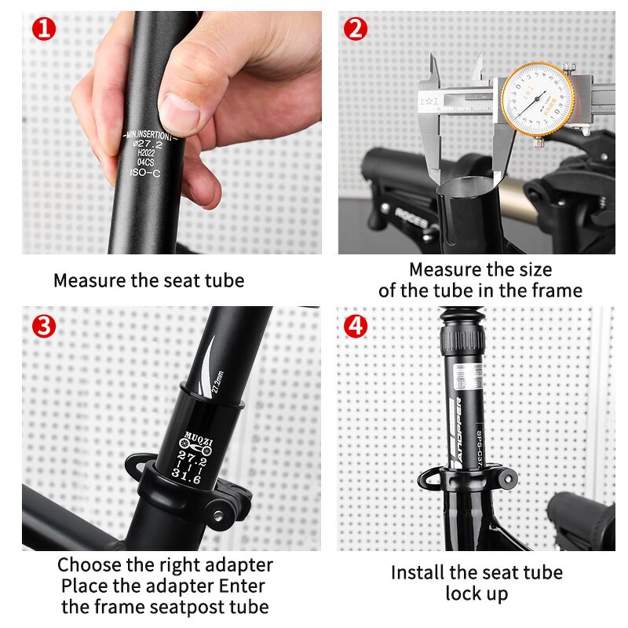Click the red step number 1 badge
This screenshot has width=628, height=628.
(45, 29)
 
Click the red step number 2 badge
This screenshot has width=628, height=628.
(356, 29)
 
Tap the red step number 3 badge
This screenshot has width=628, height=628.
(45, 324)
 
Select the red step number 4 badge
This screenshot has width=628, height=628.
(356, 324)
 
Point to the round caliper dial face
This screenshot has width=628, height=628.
(538, 99)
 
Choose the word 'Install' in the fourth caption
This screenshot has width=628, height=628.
(417, 572)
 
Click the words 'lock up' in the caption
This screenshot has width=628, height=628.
(476, 593)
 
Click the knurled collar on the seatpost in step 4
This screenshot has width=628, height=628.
(462, 340)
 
